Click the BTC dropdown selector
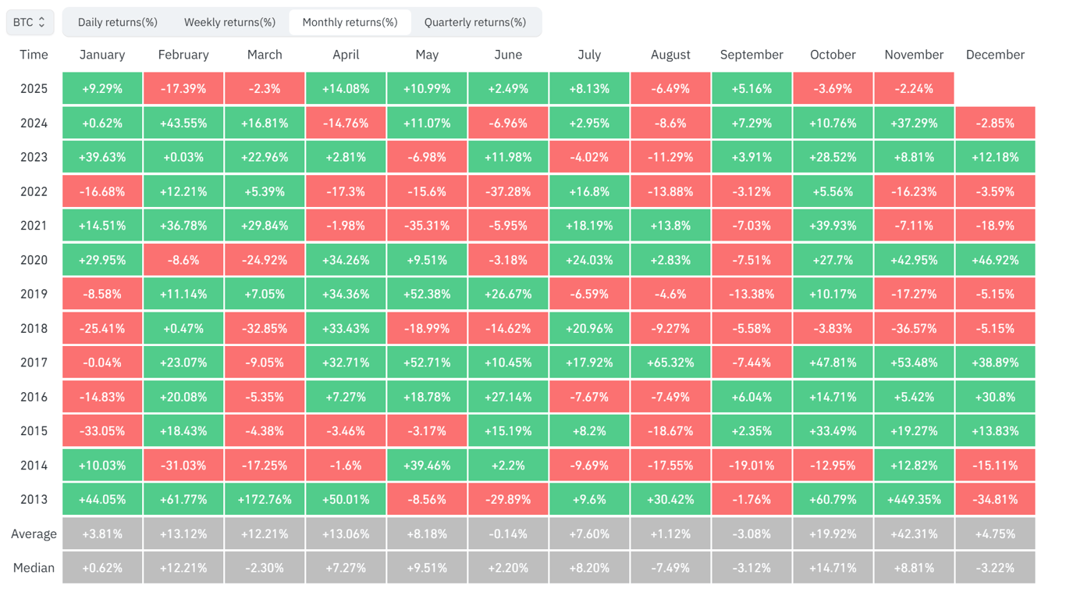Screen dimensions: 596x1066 click(30, 22)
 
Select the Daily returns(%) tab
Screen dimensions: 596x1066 click(117, 22)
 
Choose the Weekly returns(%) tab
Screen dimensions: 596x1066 click(229, 22)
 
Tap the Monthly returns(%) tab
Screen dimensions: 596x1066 click(350, 22)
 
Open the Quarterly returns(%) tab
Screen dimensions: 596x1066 click(474, 22)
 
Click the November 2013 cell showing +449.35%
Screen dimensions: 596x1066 click(914, 499)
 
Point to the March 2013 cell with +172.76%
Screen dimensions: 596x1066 click(265, 499)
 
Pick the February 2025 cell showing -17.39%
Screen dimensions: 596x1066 click(183, 88)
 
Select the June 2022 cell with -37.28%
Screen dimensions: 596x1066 click(508, 191)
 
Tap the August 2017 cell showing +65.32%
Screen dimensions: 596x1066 click(670, 362)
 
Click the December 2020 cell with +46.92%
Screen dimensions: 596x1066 click(995, 259)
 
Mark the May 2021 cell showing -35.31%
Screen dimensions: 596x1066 click(427, 226)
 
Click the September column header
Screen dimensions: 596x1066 click(752, 55)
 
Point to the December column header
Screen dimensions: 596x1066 click(995, 55)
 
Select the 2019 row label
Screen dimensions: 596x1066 click(34, 294)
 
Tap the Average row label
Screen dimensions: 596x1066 click(34, 534)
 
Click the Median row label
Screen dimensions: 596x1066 click(34, 568)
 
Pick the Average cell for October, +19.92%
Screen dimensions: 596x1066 click(833, 534)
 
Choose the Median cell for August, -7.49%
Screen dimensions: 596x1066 click(670, 568)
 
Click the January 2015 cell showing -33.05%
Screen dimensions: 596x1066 click(102, 431)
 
